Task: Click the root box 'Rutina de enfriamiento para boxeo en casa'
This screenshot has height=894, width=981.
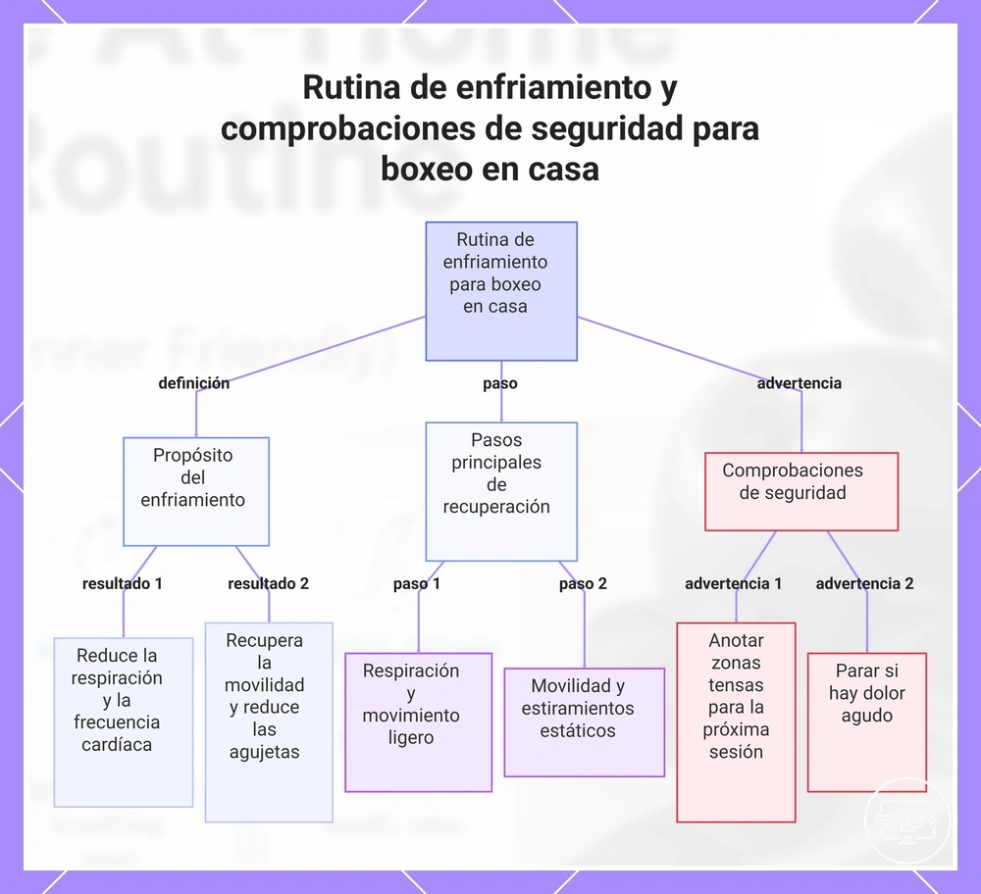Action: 501,291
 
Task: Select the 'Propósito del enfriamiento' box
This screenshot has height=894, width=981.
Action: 196,491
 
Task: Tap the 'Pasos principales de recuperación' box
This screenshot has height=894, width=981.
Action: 501,491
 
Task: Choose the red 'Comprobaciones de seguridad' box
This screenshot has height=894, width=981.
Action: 801,491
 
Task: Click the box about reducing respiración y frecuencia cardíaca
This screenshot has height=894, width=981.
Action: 124,722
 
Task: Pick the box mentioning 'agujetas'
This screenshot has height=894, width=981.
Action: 269,722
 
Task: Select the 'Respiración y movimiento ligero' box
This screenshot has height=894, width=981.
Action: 419,722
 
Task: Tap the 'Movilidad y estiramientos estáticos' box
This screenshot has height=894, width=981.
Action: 585,722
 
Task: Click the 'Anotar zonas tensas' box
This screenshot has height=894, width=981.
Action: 736,722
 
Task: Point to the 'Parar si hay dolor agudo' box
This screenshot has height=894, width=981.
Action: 867,722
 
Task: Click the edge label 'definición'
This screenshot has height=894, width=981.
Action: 194,383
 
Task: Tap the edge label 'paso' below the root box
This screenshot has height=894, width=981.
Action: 500,383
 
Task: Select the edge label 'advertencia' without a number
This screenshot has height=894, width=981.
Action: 799,383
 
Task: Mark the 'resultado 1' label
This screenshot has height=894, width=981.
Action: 123,583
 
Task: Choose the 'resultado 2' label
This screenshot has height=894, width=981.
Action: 269,583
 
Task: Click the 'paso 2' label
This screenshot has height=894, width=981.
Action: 583,583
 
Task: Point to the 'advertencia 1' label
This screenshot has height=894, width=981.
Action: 733,583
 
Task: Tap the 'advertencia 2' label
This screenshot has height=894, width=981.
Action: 864,583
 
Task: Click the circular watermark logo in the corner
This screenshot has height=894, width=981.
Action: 907,820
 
